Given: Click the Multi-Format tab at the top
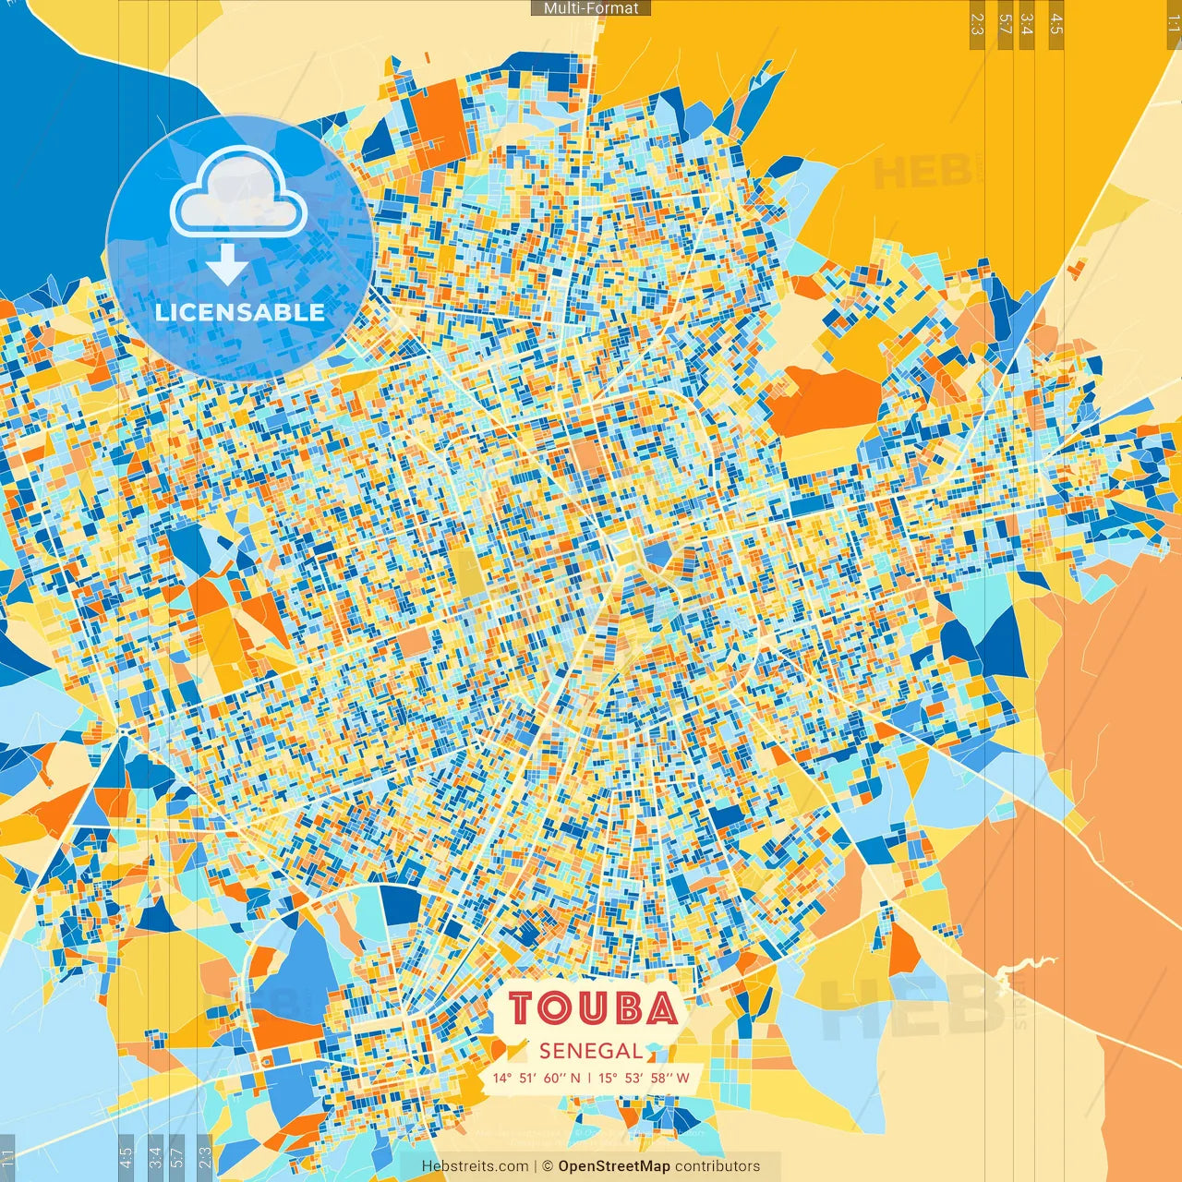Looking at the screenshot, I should pyautogui.click(x=591, y=8).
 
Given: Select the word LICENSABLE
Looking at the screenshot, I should pyautogui.click(x=240, y=312).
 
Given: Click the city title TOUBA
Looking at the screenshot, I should pyautogui.click(x=594, y=1008).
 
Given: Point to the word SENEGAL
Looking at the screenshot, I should pyautogui.click(x=591, y=1051).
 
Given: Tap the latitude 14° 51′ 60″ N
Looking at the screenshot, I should pyautogui.click(x=537, y=1078).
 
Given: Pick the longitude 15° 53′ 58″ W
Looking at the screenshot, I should pyautogui.click(x=644, y=1078).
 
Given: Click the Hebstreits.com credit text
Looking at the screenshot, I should pyautogui.click(x=476, y=1166).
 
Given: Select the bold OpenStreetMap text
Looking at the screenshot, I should pyautogui.click(x=614, y=1166).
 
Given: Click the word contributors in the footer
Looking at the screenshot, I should pyautogui.click(x=718, y=1166).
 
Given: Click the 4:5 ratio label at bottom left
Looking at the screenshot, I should pyautogui.click(x=126, y=1157).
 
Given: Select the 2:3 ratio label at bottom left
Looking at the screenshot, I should pyautogui.click(x=204, y=1157).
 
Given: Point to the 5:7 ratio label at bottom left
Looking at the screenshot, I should pyautogui.click(x=177, y=1157).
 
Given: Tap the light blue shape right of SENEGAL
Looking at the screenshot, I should pyautogui.click(x=654, y=1048).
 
